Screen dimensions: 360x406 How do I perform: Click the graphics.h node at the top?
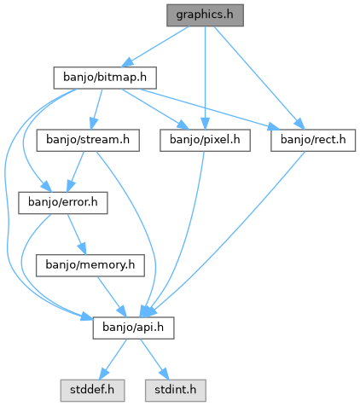[x=205, y=15]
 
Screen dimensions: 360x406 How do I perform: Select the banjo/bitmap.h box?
[x=105, y=78]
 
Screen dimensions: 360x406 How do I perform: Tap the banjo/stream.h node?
[x=88, y=140]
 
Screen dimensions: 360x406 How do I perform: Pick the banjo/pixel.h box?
[x=205, y=140]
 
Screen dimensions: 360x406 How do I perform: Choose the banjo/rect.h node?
[x=313, y=140]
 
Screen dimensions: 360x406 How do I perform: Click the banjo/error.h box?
[x=63, y=203]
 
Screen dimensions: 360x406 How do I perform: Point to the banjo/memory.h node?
[x=90, y=265]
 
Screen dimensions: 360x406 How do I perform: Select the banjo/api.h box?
[x=133, y=328]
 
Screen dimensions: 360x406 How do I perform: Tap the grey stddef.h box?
[x=92, y=391]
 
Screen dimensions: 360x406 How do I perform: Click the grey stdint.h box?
[x=176, y=391]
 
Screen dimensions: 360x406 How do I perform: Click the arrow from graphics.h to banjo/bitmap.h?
[x=155, y=47]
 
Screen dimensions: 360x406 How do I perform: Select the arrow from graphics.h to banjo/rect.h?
[x=259, y=78]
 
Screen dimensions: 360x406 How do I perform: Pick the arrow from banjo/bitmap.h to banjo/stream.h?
[x=96, y=109]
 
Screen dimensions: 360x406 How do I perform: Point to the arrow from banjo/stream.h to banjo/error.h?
[x=76, y=171]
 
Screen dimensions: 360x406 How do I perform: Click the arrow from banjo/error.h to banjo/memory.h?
[x=76, y=234]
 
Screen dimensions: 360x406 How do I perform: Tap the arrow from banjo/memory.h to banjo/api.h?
[x=112, y=297]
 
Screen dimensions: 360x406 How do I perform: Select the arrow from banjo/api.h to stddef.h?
[x=113, y=359]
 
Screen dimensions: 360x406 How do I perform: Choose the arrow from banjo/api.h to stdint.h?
[x=154, y=359]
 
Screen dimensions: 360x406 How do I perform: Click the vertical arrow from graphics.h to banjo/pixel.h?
[x=205, y=78]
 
